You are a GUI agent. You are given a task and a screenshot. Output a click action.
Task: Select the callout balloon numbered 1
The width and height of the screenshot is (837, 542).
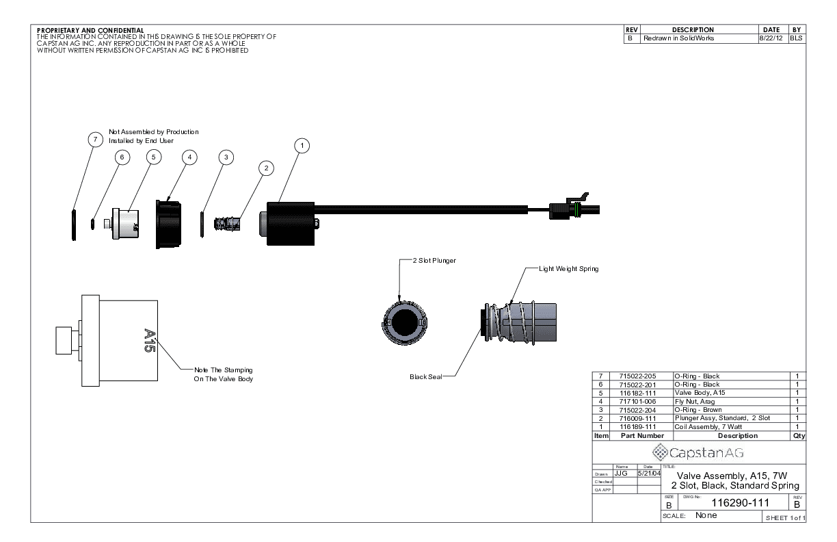point(302,145)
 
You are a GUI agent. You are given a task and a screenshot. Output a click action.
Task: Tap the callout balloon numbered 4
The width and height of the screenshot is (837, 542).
point(189,157)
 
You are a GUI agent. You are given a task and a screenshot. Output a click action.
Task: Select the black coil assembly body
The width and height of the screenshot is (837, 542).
point(287,223)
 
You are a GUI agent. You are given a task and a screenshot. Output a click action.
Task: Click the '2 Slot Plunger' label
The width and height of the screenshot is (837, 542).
point(434,261)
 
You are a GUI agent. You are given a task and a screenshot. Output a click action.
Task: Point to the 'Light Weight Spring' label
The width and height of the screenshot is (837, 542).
point(568,269)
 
